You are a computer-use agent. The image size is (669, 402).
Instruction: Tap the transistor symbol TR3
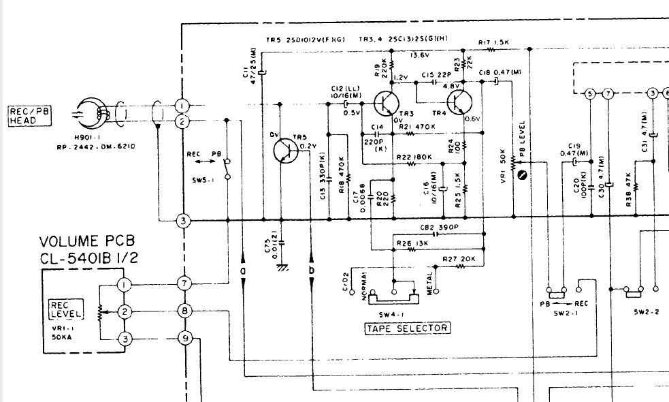[386, 103]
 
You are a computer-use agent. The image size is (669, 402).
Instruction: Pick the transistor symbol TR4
[461, 103]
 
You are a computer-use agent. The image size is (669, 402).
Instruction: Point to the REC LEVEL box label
[65, 309]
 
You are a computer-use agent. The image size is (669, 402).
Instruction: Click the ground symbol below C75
[280, 267]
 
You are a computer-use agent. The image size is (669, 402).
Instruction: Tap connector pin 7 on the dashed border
[182, 282]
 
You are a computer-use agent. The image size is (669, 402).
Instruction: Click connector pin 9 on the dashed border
[182, 337]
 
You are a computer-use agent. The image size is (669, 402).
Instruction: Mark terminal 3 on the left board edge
[182, 220]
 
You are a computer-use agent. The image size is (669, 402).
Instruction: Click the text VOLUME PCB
[87, 242]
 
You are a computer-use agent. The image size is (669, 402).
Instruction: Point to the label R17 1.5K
[493, 43]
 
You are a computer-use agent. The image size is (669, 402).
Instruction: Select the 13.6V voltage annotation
[420, 56]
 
